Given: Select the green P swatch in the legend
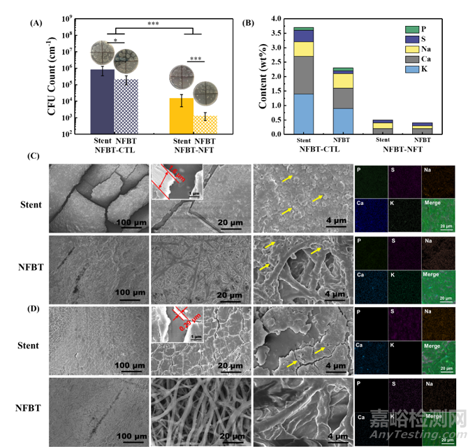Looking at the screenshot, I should click(411, 29).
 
